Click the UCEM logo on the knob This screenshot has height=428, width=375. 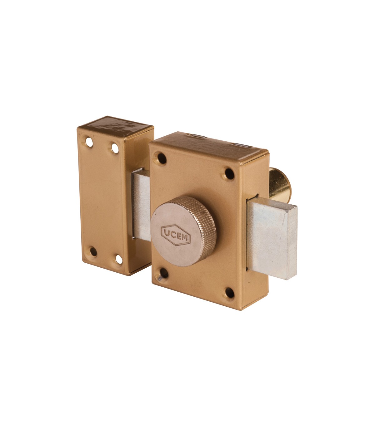176,235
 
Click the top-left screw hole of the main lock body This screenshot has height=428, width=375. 162,159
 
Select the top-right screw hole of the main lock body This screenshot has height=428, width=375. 229,174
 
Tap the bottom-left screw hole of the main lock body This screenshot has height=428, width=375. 164,273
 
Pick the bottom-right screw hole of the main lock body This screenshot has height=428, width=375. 230,293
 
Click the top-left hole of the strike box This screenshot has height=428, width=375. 89,142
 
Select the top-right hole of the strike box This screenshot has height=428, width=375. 115,148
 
